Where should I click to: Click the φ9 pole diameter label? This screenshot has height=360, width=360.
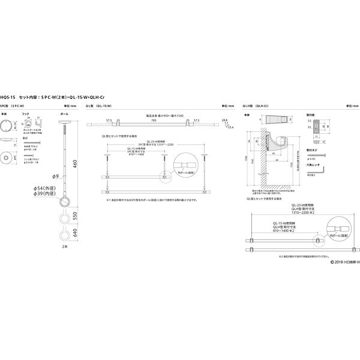[x=55, y=176]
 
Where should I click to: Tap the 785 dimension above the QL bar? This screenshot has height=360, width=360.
[x=155, y=121]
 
